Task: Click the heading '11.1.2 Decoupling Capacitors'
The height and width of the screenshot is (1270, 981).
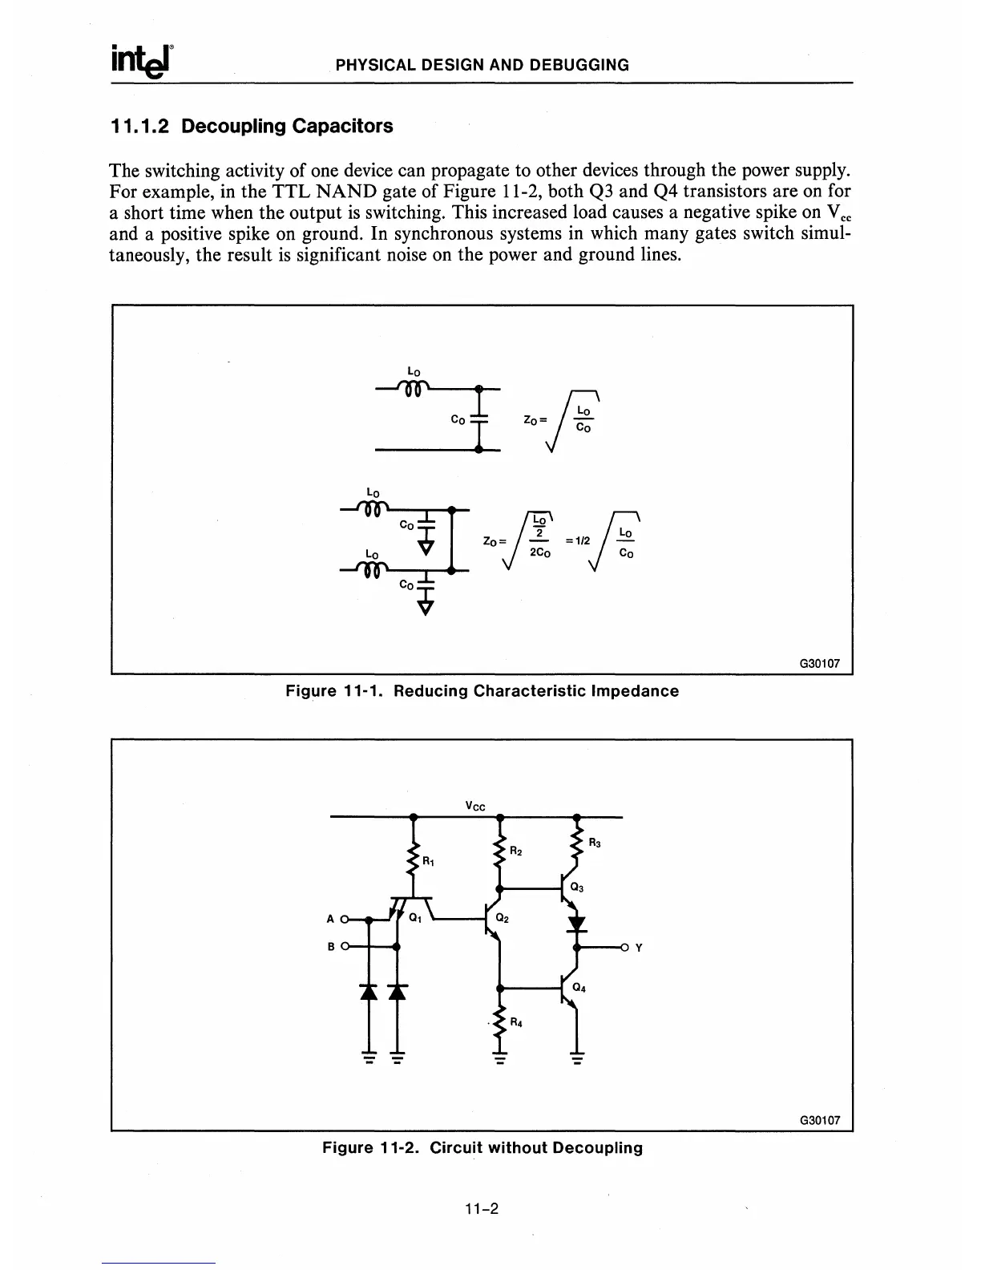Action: pyautogui.click(x=252, y=127)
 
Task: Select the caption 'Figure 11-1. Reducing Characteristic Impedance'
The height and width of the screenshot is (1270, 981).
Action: pyautogui.click(x=482, y=691)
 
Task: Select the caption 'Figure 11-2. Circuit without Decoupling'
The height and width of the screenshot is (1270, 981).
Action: pyautogui.click(x=482, y=1147)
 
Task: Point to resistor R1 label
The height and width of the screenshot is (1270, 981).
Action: pyautogui.click(x=429, y=862)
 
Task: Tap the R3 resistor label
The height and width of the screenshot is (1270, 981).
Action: pyautogui.click(x=595, y=843)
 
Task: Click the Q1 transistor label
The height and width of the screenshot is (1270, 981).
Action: pyautogui.click(x=415, y=918)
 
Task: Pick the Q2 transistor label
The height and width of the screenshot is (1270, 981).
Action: pyautogui.click(x=503, y=918)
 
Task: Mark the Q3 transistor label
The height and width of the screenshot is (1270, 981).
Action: pyautogui.click(x=577, y=888)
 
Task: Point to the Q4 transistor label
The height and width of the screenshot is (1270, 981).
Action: pyautogui.click(x=579, y=988)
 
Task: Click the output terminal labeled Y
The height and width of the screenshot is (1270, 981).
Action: pyautogui.click(x=638, y=948)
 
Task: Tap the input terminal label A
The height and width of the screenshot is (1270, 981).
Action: pyautogui.click(x=331, y=920)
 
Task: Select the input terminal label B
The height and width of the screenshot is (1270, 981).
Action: pyautogui.click(x=331, y=947)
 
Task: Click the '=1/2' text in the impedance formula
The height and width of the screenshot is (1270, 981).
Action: pyautogui.click(x=577, y=540)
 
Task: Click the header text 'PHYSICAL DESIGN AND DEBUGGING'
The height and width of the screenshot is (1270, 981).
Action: pyautogui.click(x=482, y=65)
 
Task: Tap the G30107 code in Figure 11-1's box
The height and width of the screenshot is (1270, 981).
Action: pyautogui.click(x=819, y=664)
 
